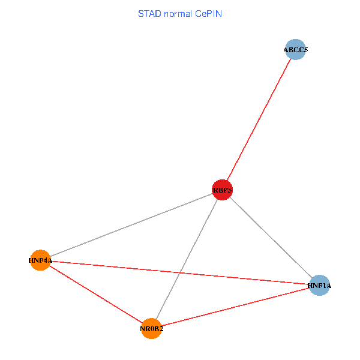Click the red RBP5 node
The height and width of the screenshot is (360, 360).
[222, 190]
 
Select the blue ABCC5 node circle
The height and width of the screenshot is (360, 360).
[296, 50]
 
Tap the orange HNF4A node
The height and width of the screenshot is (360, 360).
[40, 260]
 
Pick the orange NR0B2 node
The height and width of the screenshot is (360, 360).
[152, 328]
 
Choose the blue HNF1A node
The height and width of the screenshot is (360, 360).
[319, 286]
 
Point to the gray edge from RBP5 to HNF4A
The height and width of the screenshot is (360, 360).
[132, 225]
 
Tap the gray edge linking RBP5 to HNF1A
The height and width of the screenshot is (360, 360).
[271, 238]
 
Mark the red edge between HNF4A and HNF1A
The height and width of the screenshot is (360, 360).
[180, 273]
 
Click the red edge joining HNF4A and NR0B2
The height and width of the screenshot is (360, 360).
[96, 294]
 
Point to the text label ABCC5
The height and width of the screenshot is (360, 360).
[296, 50]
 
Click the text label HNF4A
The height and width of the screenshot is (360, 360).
[40, 260]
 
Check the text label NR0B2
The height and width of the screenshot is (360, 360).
[152, 328]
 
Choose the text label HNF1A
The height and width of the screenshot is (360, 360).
[319, 286]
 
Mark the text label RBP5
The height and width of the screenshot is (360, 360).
[222, 190]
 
